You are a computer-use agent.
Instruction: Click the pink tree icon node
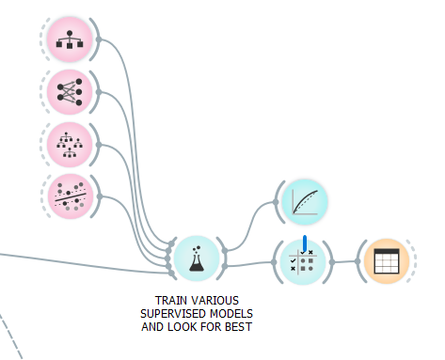point(70,39)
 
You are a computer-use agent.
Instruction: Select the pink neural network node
point(70,92)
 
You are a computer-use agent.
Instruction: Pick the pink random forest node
point(70,145)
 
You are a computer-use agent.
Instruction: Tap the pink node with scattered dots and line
point(71,196)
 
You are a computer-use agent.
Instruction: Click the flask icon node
point(197,258)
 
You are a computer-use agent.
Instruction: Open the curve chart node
point(305,202)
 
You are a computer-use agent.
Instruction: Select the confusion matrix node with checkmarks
point(301,262)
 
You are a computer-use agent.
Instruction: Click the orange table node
point(387,261)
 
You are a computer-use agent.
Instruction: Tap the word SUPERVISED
point(174,314)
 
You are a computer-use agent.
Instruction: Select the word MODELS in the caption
point(231,314)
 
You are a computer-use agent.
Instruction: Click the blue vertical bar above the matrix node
point(305,243)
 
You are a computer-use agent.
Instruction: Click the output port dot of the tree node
point(99,39)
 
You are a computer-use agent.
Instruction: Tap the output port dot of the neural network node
point(99,92)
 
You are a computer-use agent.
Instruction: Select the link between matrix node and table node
point(345,261)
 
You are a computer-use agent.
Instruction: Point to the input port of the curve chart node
point(276,202)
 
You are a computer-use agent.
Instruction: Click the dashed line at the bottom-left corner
point(11,337)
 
